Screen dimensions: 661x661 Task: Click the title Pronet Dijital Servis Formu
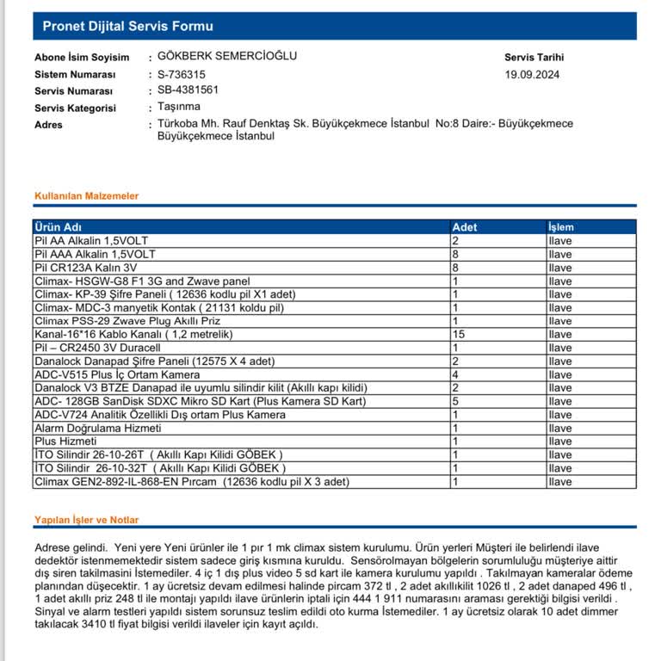tap(128, 27)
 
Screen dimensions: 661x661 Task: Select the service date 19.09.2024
tap(532, 75)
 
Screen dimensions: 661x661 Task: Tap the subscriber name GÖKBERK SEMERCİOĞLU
tap(227, 56)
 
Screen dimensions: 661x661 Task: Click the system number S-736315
tap(182, 75)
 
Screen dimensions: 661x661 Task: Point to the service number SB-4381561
tap(188, 90)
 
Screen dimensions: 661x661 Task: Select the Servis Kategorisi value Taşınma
tap(179, 107)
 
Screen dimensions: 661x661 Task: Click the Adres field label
tap(48, 125)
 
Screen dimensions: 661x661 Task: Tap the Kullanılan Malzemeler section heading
tap(86, 196)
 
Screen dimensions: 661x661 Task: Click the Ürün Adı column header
tap(59, 227)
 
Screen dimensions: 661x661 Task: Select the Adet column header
tap(465, 227)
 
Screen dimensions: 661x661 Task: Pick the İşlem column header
tap(560, 227)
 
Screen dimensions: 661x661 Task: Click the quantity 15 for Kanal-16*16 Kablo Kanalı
tap(459, 334)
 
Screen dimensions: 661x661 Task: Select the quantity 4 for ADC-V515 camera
tap(455, 374)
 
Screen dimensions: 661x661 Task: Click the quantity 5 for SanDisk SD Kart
tap(455, 401)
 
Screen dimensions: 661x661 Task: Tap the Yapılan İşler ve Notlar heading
tap(86, 520)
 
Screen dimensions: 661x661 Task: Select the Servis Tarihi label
tap(534, 58)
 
